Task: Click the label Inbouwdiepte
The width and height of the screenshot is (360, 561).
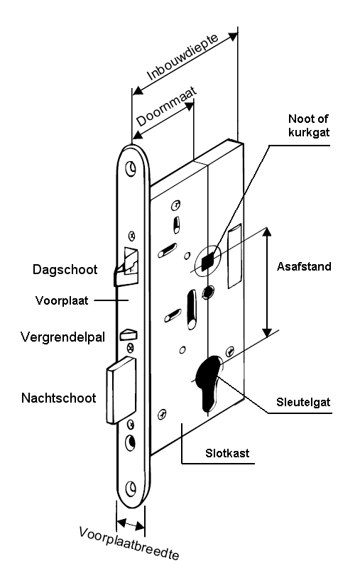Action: click(182, 58)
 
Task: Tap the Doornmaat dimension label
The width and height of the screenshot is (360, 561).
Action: click(167, 107)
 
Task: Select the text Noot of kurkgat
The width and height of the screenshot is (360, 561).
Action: click(309, 125)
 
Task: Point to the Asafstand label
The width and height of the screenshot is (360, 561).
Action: click(304, 266)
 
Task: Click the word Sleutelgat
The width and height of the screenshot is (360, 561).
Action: click(303, 402)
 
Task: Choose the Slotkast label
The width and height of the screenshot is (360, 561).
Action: click(227, 453)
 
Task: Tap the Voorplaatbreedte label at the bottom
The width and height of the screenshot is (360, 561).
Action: click(129, 543)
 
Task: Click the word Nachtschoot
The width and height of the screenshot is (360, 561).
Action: click(59, 398)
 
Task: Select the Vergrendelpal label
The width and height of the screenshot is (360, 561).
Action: click(62, 337)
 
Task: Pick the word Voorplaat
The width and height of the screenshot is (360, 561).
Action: click(62, 300)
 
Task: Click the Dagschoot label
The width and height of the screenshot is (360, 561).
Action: click(65, 269)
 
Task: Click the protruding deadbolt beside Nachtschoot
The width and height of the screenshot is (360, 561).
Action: click(121, 391)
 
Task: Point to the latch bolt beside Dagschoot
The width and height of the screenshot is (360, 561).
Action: click(126, 267)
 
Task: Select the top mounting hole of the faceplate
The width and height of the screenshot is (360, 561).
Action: click(131, 168)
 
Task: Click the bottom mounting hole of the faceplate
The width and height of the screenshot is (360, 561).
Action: click(131, 488)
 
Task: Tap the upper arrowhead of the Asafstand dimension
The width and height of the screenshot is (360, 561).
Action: click(266, 232)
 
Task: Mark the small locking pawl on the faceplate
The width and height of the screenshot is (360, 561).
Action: click(129, 334)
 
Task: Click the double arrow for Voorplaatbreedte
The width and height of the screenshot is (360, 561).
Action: click(131, 525)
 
